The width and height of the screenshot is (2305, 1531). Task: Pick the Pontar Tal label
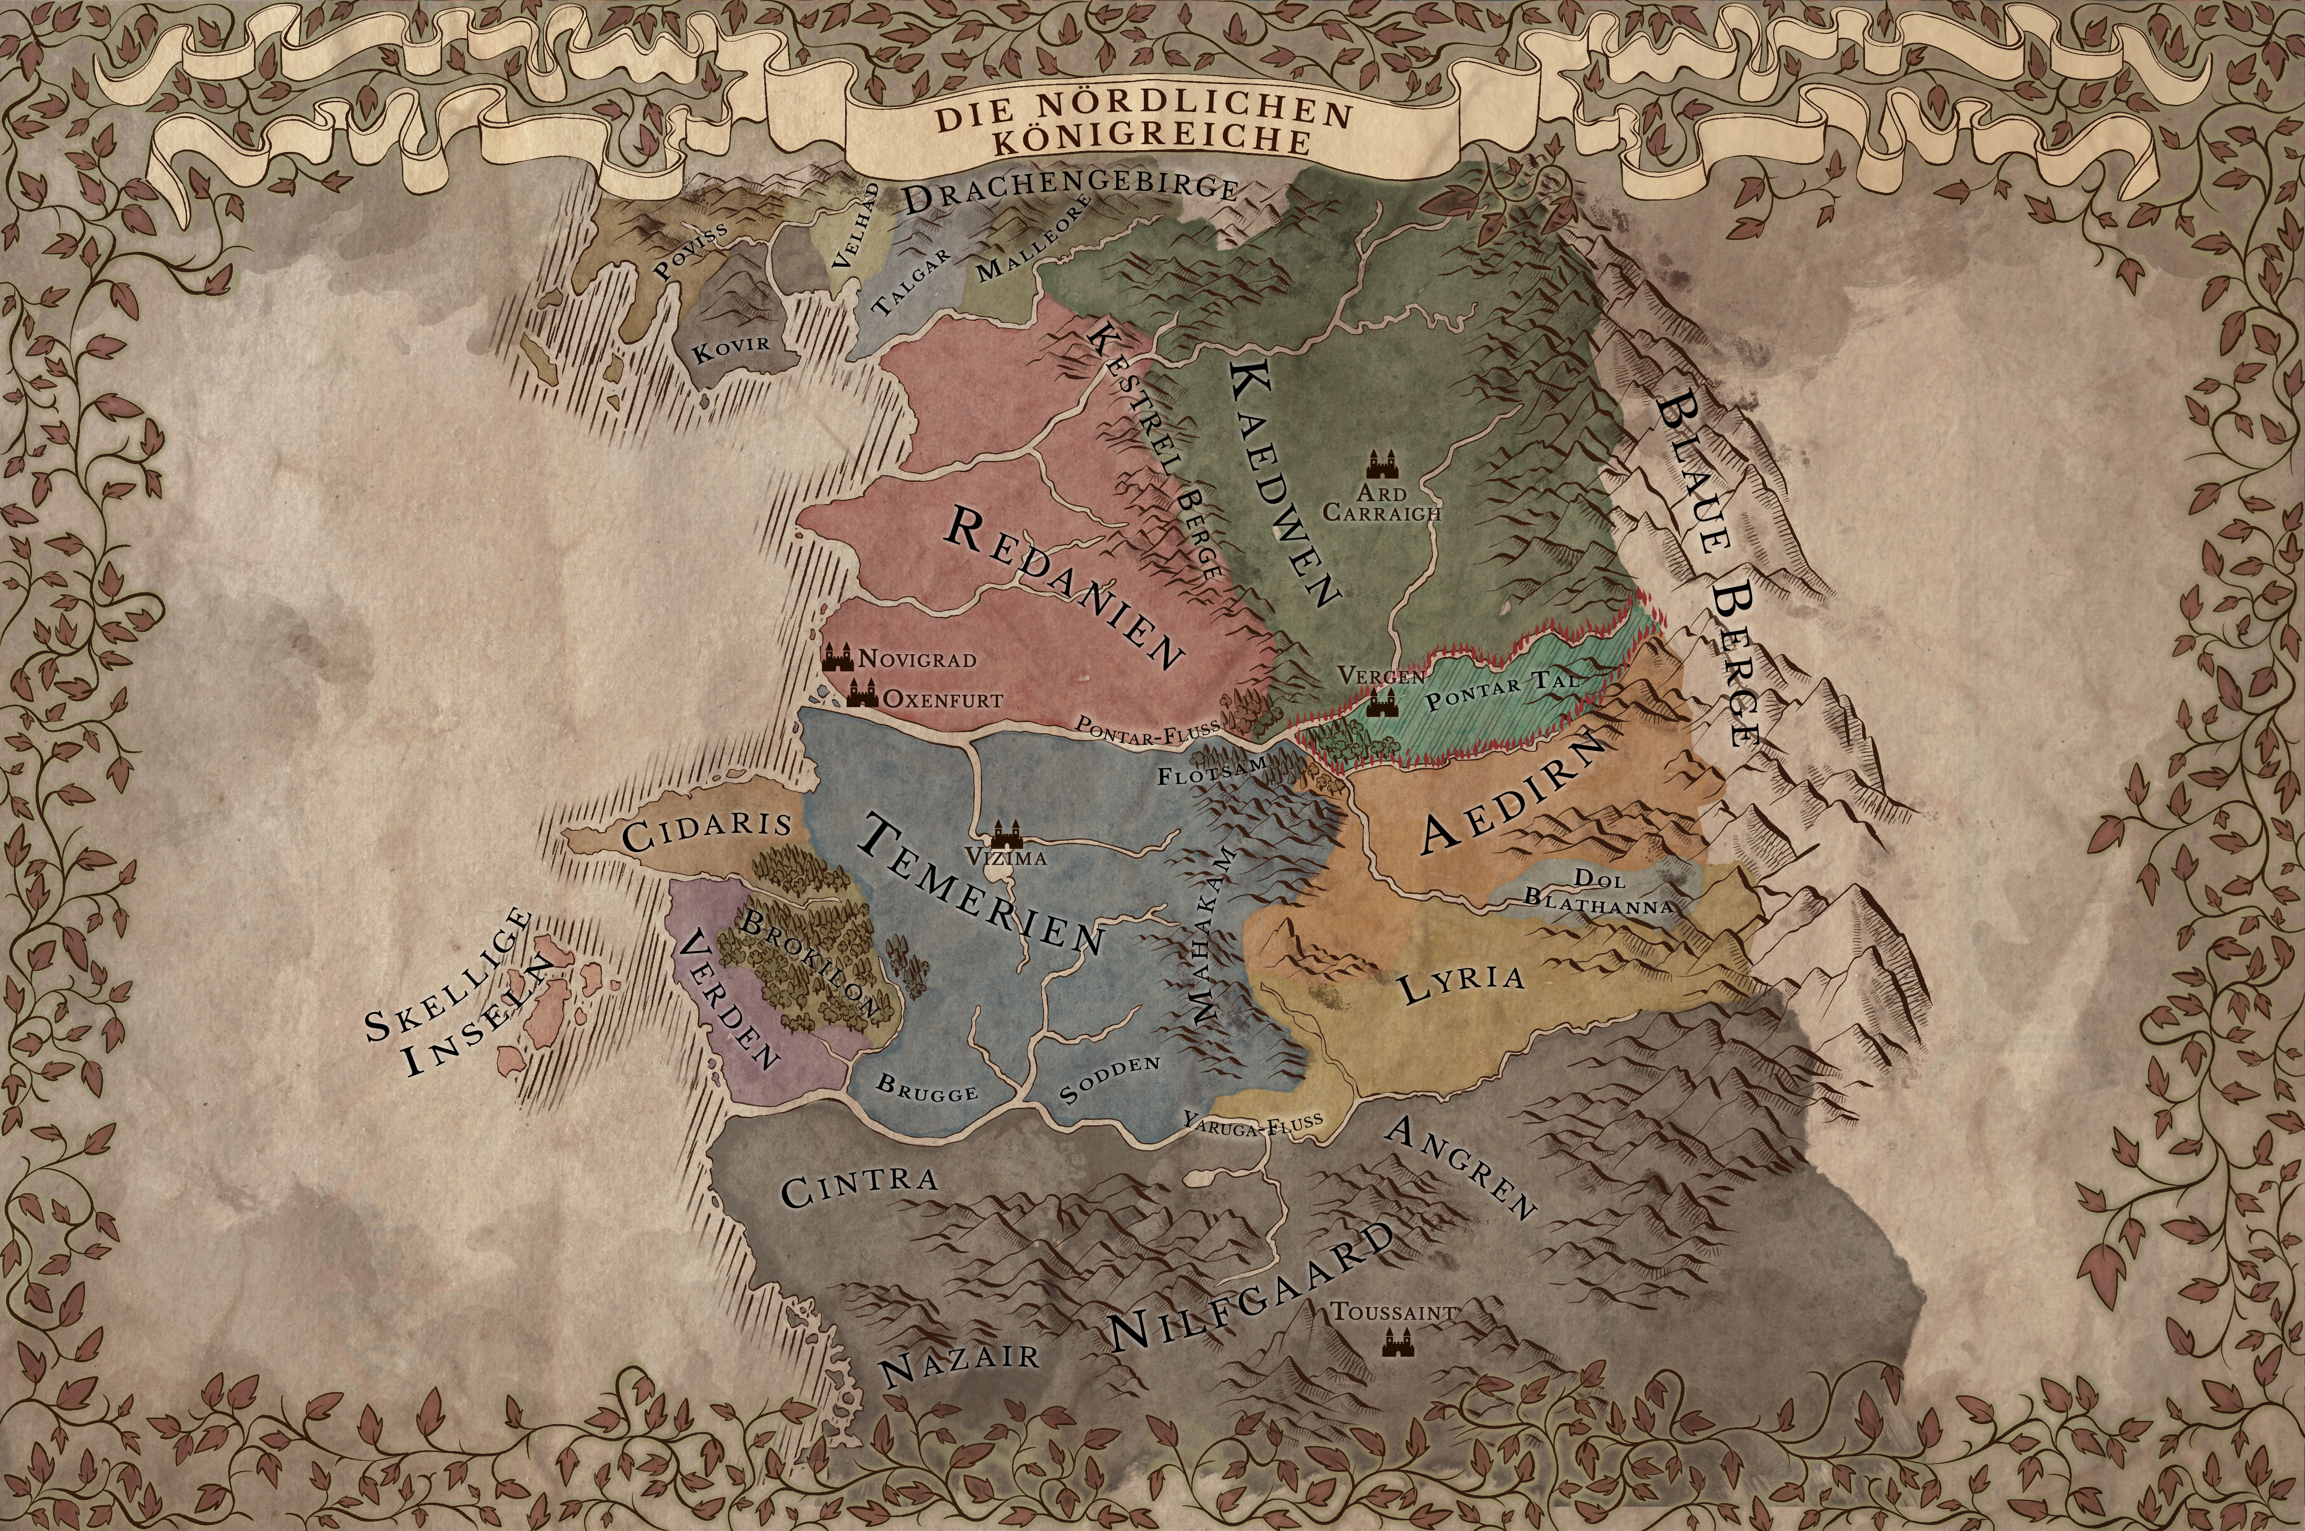1501,690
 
